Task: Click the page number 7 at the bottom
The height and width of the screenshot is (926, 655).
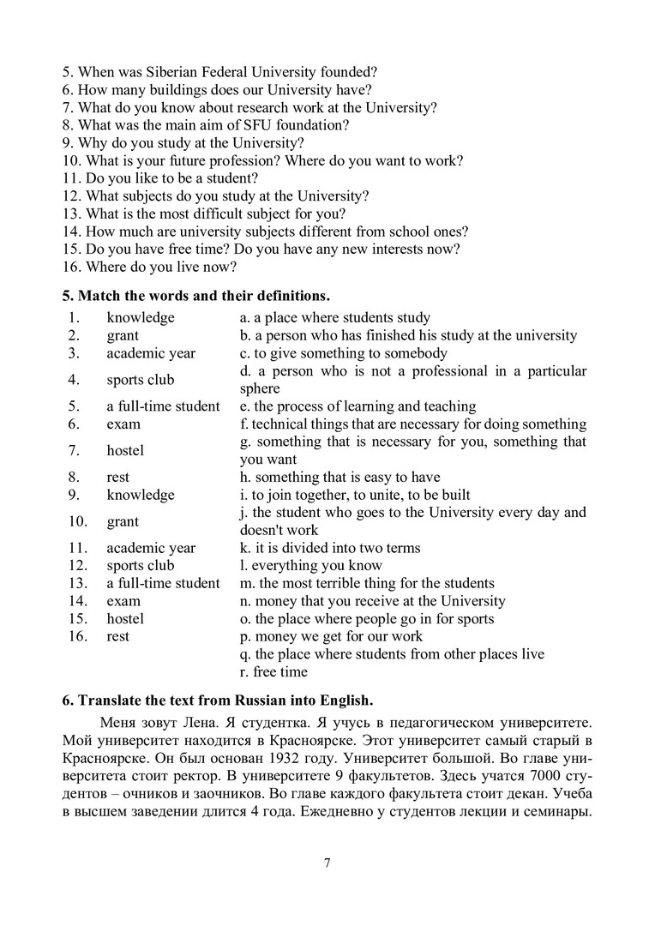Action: [327, 863]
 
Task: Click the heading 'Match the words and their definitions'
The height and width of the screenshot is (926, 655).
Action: [195, 297]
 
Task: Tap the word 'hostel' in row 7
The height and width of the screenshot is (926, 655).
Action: [125, 450]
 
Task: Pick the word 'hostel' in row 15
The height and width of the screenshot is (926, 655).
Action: [125, 618]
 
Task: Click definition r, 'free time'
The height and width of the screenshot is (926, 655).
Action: [274, 672]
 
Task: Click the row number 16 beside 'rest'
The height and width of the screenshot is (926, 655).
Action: [75, 636]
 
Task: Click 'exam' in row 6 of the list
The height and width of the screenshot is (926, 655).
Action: [123, 424]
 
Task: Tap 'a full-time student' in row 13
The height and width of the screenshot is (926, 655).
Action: [163, 583]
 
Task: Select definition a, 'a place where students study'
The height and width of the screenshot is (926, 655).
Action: [335, 318]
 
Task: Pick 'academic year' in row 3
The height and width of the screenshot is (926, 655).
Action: [151, 353]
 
